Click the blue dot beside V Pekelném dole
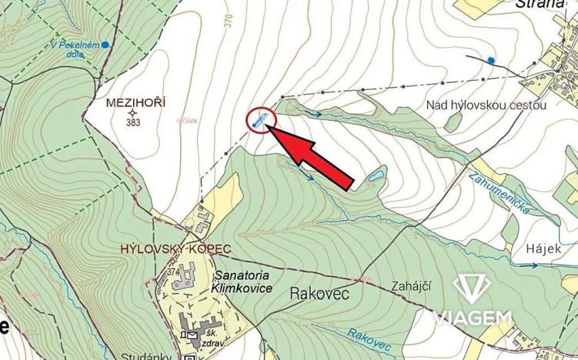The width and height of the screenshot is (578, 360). (x=105, y=45)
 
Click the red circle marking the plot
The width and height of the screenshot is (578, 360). (x=262, y=119)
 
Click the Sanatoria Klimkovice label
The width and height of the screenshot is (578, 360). (x=239, y=280)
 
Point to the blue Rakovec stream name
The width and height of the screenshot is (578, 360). (x=365, y=334)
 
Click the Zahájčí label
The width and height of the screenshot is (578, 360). (x=410, y=286)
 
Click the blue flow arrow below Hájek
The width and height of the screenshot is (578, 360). (x=531, y=265)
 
